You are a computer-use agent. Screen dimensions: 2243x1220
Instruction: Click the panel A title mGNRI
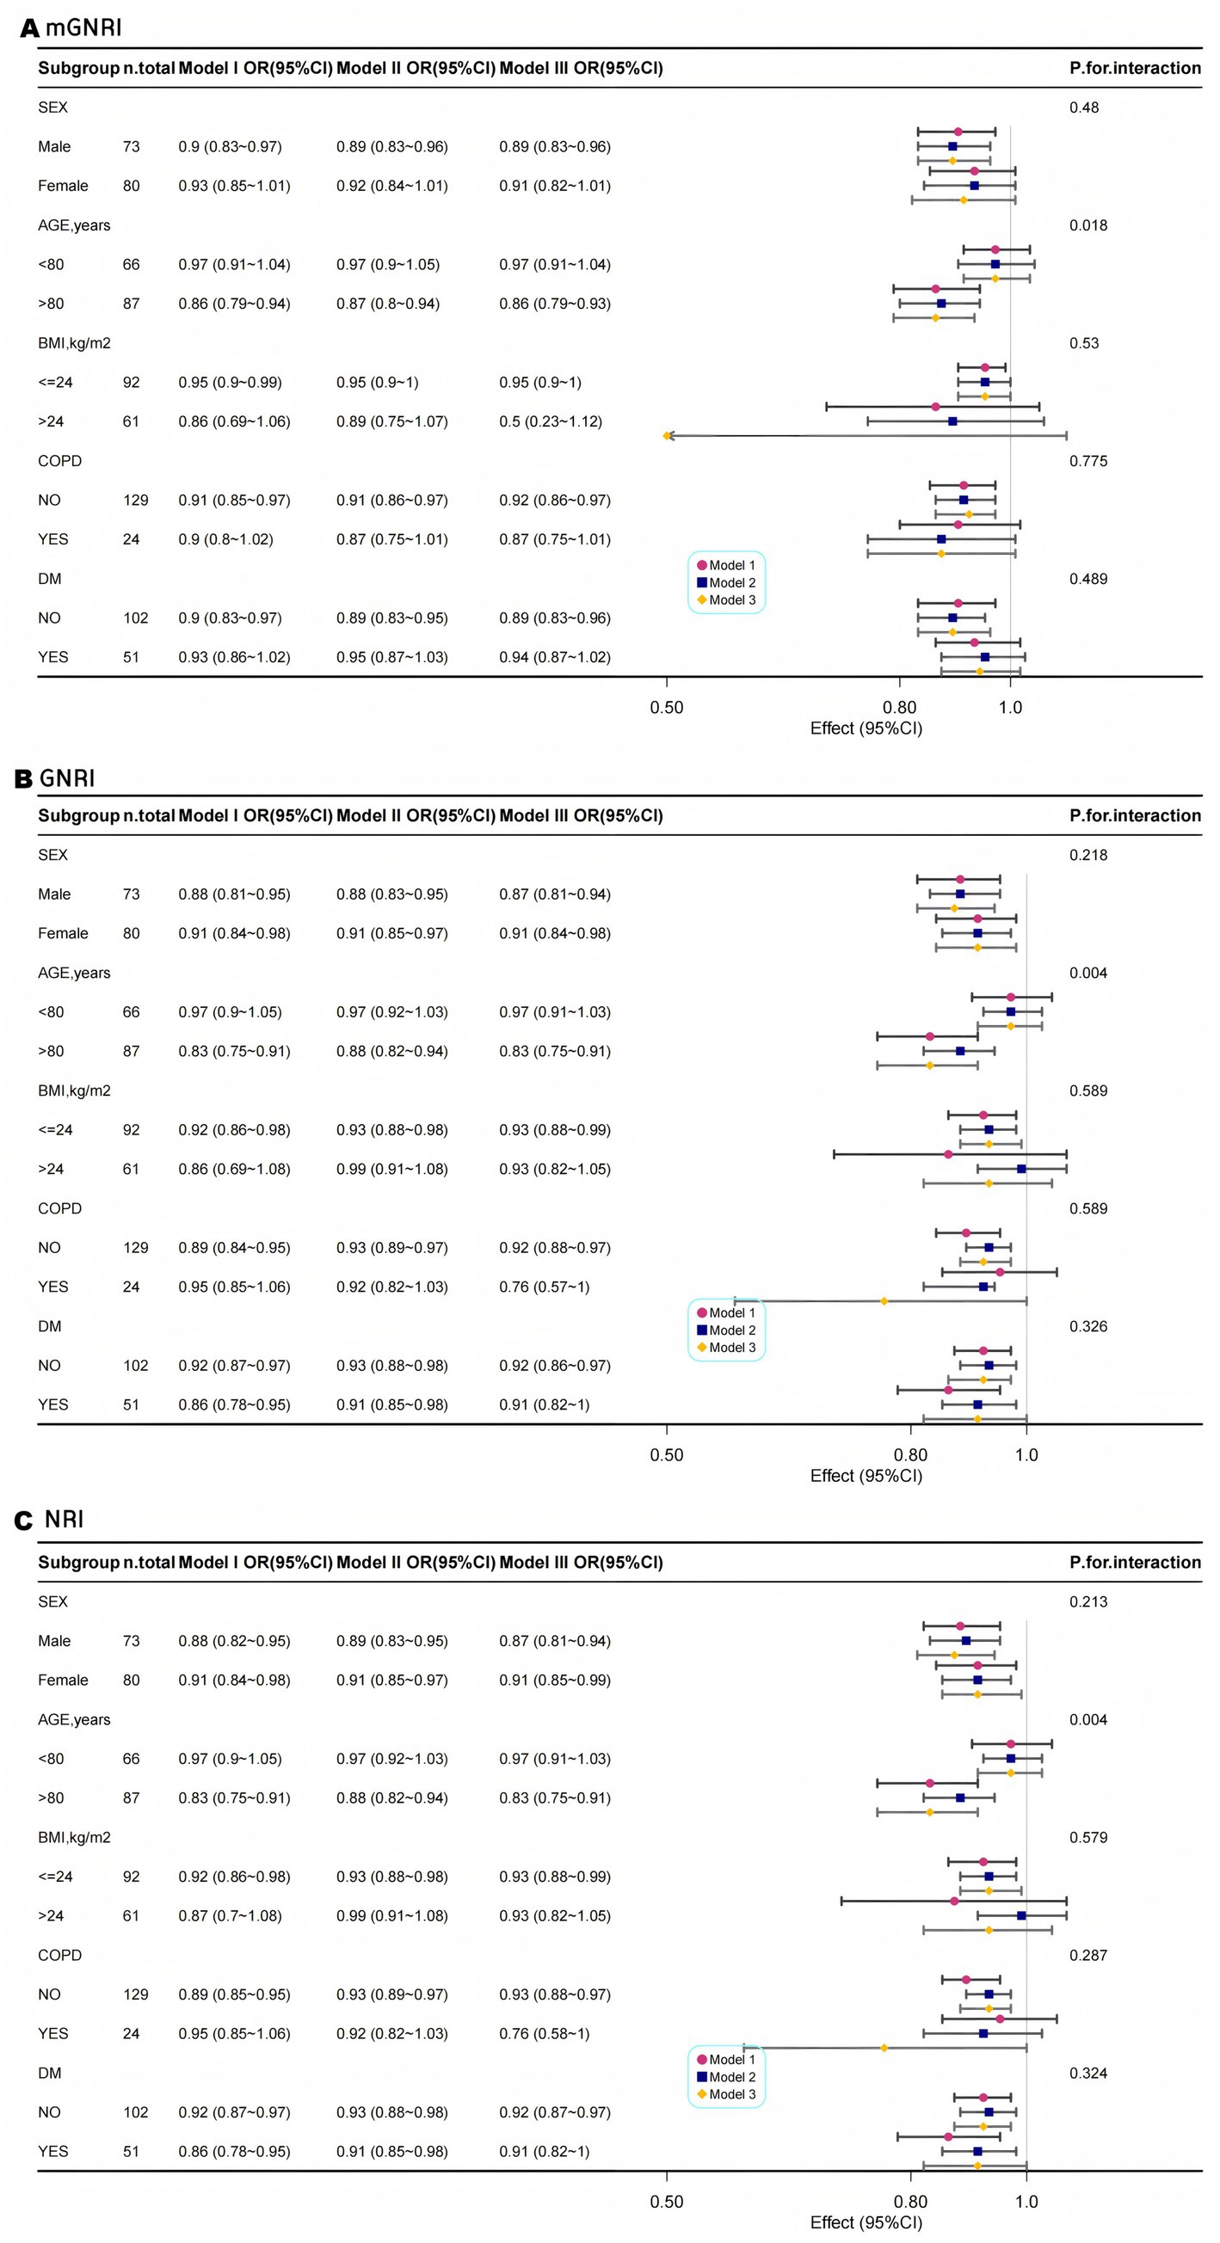[83, 27]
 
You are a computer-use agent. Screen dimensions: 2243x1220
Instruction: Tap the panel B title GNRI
[66, 777]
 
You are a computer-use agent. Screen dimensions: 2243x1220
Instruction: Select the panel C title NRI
[64, 1519]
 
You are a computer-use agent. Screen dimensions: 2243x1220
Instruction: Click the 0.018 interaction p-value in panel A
[1088, 225]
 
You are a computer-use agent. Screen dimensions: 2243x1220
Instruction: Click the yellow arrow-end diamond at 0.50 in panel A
[667, 435]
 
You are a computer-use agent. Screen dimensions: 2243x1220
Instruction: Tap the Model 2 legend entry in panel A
[726, 582]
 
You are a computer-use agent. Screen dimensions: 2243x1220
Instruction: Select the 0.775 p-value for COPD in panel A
[1088, 462]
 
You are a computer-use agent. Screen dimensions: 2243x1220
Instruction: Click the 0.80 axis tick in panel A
[900, 708]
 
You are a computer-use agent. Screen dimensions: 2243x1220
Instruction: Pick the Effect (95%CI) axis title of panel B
[866, 1475]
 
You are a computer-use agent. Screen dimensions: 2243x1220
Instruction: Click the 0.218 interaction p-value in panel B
[1088, 855]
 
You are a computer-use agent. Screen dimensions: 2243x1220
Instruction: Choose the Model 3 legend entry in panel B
[726, 1347]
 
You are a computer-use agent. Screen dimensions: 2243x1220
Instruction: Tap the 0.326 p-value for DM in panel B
[1088, 1326]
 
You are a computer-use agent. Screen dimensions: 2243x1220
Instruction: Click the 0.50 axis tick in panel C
[666, 2201]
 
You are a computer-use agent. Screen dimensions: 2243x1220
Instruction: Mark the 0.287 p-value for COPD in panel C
[1088, 1955]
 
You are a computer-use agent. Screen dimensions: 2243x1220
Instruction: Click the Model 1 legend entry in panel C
[726, 2059]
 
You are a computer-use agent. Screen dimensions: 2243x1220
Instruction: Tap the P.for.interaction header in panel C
[1135, 1562]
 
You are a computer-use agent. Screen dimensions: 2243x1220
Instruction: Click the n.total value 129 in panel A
[135, 501]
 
